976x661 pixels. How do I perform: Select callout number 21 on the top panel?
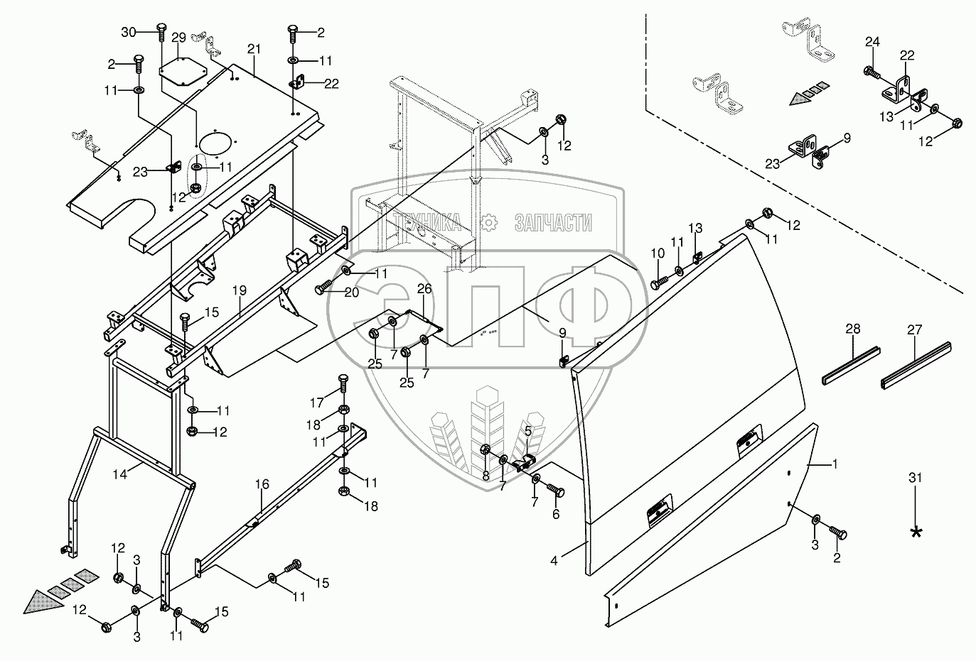[254, 48]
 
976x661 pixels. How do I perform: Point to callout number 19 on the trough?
[239, 290]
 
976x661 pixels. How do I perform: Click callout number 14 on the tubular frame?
[122, 474]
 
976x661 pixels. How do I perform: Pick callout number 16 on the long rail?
[262, 485]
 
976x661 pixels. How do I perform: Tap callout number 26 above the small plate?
[424, 289]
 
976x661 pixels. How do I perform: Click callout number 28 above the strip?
[853, 329]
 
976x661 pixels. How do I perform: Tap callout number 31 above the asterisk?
[916, 479]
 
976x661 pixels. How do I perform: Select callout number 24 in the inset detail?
[873, 43]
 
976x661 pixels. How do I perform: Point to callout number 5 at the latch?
[528, 430]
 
